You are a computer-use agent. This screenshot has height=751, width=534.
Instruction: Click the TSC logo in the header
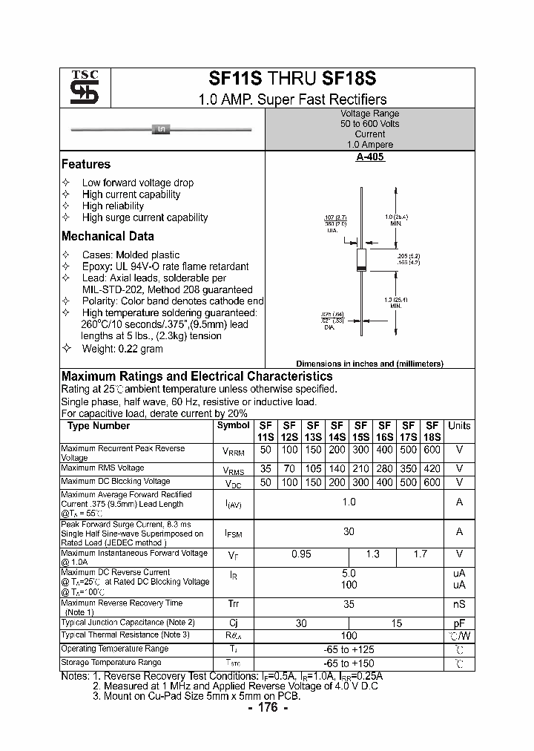point(79,88)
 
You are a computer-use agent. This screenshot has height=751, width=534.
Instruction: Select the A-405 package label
point(369,157)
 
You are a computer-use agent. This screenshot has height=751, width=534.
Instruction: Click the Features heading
point(86,165)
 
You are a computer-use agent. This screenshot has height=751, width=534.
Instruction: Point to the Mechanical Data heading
point(108,237)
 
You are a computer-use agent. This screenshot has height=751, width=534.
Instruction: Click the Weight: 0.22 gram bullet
point(122,349)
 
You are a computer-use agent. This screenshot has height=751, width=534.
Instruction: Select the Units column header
point(459,426)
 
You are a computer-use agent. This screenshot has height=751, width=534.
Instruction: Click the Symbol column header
point(233,426)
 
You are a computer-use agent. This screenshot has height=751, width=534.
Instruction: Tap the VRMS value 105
point(313,469)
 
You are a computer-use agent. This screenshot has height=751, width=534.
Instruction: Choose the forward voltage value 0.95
point(301,554)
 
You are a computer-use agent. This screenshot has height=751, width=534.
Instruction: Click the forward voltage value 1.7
point(420,554)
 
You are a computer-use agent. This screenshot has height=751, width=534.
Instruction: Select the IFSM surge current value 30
point(349,531)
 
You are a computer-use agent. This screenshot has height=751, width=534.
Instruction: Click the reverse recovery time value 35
point(349,605)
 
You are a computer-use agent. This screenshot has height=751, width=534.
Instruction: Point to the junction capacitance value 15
point(396,623)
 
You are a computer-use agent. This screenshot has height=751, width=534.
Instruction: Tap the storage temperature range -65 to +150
point(349,663)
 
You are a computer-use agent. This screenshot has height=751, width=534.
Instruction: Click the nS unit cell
point(459,605)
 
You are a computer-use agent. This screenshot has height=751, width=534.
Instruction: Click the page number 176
point(266,708)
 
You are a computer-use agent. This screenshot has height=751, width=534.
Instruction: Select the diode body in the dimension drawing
point(361,259)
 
